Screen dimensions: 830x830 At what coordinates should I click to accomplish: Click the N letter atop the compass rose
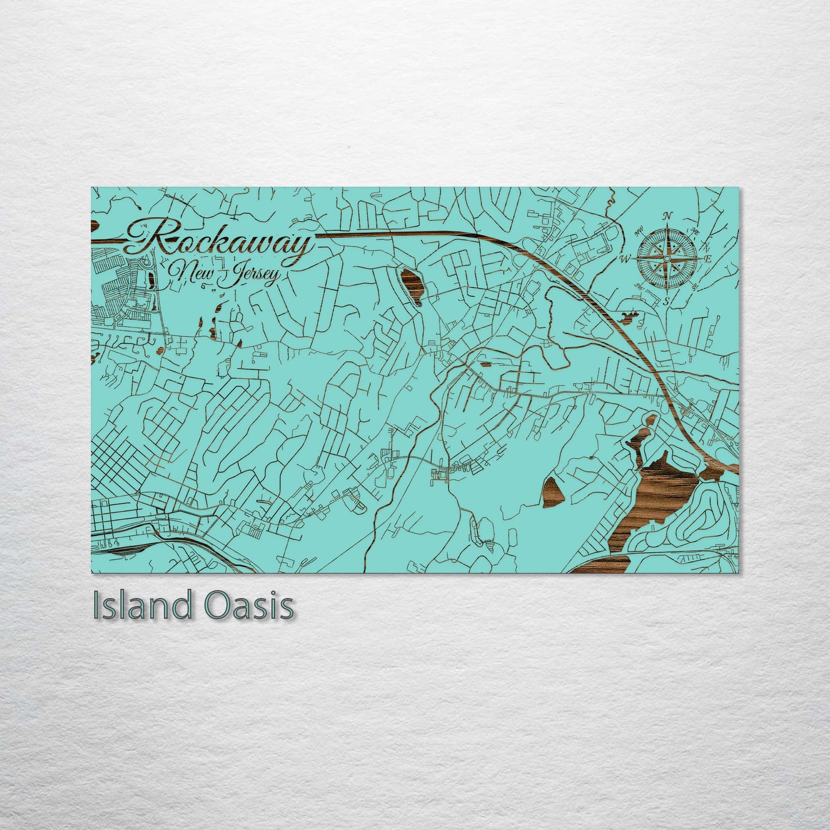pos(667,217)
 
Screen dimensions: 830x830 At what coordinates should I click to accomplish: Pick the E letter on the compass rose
pos(708,260)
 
